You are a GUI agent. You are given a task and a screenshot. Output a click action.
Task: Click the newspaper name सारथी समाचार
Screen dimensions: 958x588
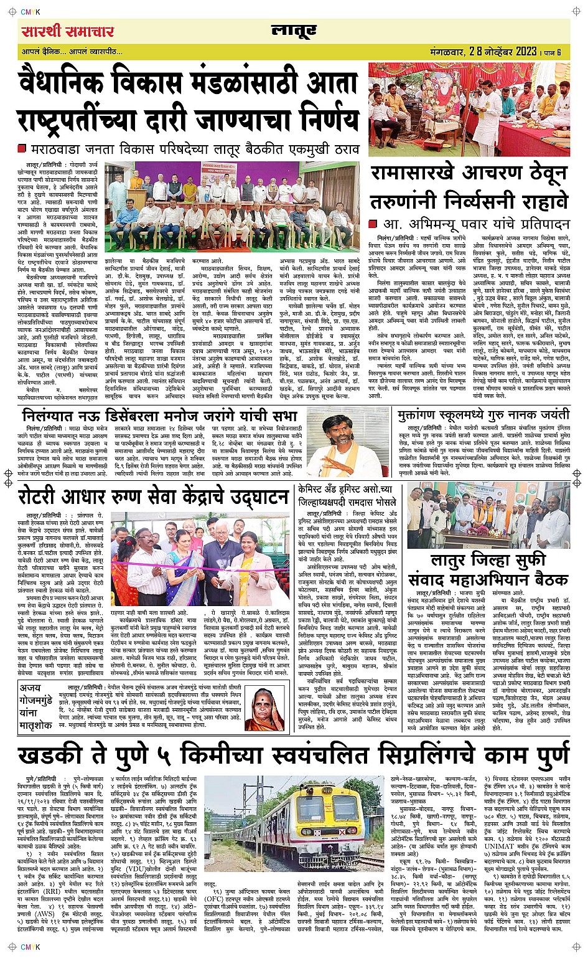(67, 32)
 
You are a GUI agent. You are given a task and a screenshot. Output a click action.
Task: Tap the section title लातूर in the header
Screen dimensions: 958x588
(294, 31)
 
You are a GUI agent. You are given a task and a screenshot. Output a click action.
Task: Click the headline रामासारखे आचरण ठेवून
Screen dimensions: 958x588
(469, 174)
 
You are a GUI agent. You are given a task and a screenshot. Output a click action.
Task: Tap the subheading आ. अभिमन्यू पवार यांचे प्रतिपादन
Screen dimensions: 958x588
(476, 224)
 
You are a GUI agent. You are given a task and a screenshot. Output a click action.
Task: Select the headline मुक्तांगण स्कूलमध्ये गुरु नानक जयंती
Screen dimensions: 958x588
(483, 415)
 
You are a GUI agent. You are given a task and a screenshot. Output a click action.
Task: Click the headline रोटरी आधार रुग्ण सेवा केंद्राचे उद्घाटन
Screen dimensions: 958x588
(153, 497)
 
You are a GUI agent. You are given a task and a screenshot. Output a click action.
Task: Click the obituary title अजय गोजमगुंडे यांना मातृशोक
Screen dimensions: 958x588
(35, 707)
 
